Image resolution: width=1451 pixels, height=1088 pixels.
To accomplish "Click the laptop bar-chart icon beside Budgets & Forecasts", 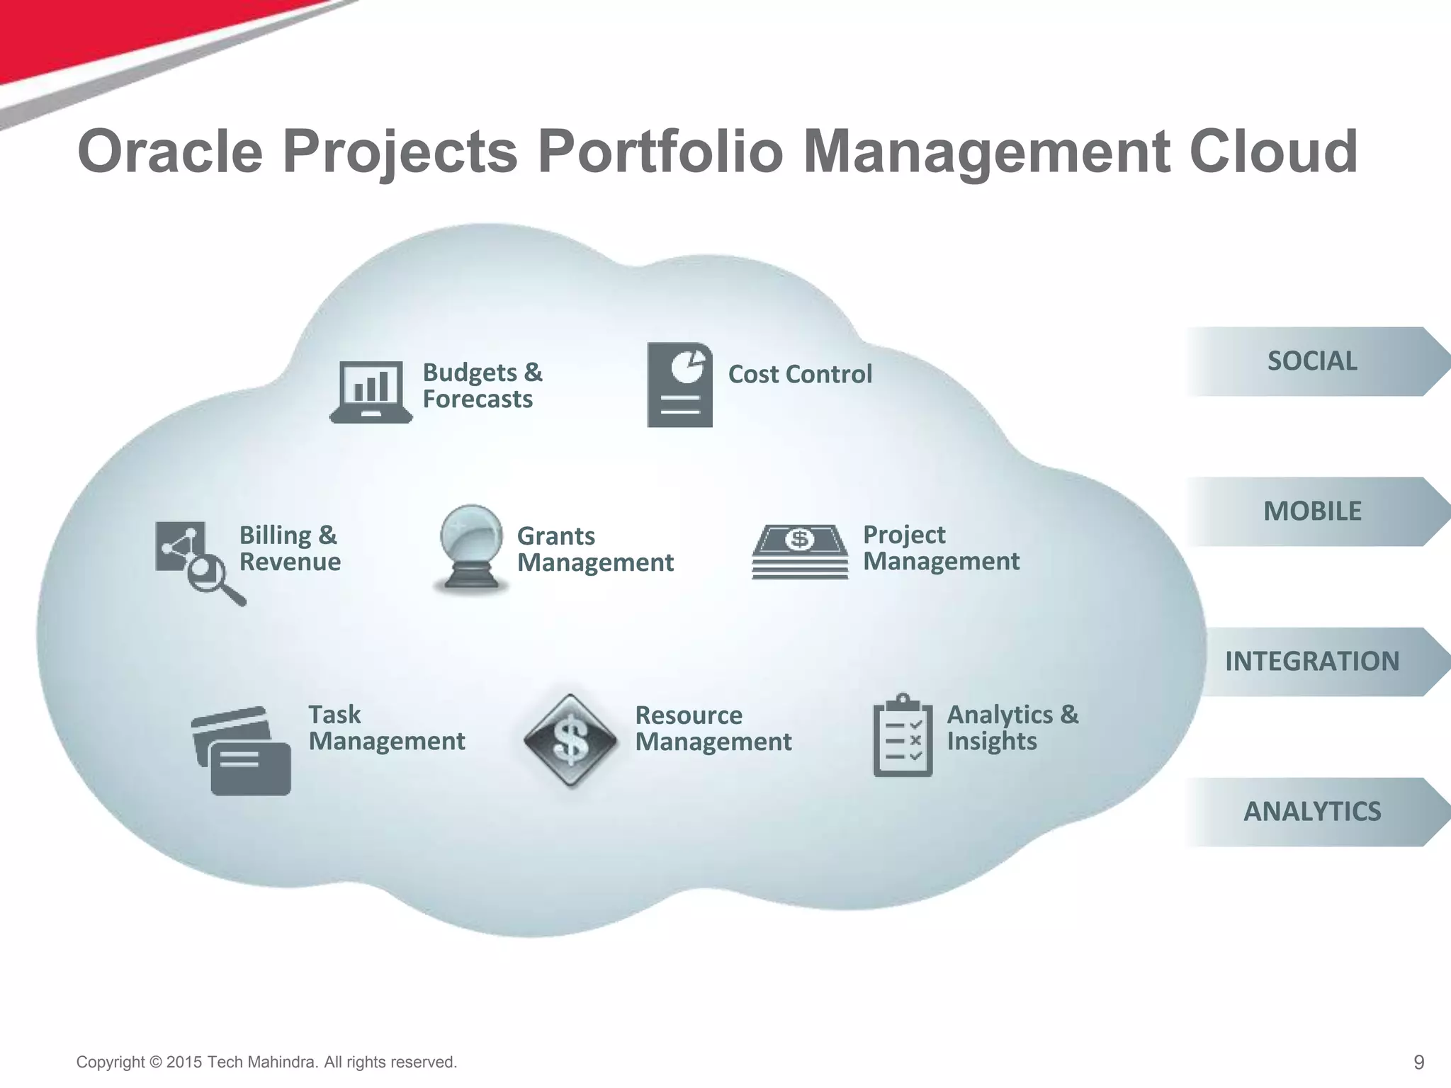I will [x=371, y=392].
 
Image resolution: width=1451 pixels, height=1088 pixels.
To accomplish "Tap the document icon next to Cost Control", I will [x=679, y=385].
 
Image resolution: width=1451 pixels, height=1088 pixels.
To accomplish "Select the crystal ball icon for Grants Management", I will [x=471, y=548].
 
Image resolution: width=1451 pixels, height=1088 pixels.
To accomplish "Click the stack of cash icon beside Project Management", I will [x=800, y=551].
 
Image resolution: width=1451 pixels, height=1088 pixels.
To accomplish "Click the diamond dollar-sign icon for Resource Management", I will [x=570, y=740].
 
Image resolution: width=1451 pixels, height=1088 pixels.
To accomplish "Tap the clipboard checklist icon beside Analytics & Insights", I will [x=903, y=736].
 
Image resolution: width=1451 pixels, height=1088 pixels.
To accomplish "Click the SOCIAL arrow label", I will [x=1312, y=361].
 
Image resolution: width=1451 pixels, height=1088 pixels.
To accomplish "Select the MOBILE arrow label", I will [x=1312, y=511].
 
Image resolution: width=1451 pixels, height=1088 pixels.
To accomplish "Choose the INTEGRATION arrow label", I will [x=1312, y=662].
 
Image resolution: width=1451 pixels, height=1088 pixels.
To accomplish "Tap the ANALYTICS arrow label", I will [x=1312, y=812].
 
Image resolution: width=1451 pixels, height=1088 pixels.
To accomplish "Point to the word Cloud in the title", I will [x=1272, y=151].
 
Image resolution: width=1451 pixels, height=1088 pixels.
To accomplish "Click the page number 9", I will [x=1418, y=1062].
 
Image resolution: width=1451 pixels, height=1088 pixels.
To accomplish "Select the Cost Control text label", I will [x=800, y=374].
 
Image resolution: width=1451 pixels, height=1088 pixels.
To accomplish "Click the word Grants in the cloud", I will [x=556, y=536].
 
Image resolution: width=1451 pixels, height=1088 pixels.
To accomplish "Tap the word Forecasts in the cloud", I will [x=478, y=399].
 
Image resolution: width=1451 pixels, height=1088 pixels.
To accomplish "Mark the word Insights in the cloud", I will [x=992, y=742].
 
